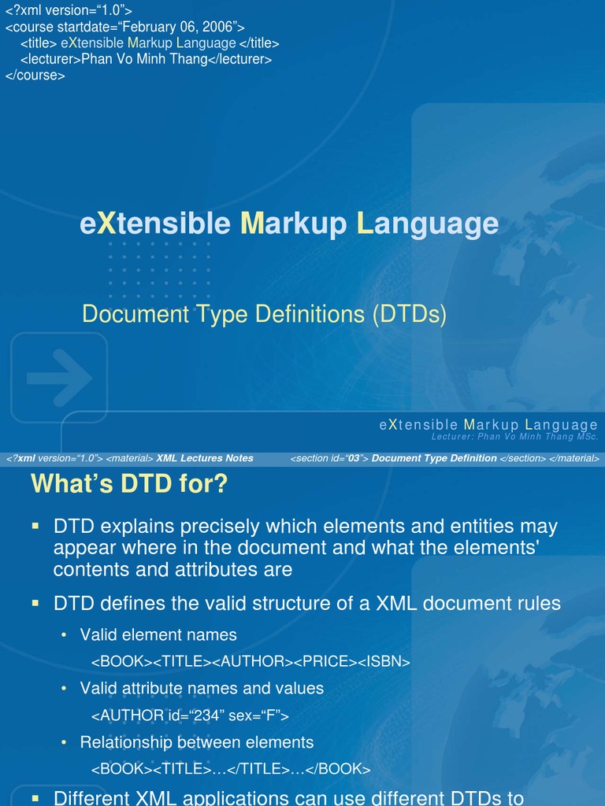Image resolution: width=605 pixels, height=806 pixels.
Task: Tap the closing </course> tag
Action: pos(35,76)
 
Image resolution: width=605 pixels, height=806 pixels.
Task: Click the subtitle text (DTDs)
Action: pos(410,315)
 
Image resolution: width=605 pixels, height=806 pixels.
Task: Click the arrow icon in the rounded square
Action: pos(58,377)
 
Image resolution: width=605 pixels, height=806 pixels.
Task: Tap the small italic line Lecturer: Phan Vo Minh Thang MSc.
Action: pos(514,436)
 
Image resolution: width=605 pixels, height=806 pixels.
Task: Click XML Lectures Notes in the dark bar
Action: pos(205,458)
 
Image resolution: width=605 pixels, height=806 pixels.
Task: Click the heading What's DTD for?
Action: pos(129,484)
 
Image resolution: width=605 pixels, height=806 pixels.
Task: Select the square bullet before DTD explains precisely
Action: pos(35,524)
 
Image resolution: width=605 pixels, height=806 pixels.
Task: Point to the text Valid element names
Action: pos(158,634)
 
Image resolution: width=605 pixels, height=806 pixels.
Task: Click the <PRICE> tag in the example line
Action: pos(330,662)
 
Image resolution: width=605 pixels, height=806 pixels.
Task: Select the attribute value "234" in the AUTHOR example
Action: pos(212,715)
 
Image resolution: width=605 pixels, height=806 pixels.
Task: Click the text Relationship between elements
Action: pos(196,742)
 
